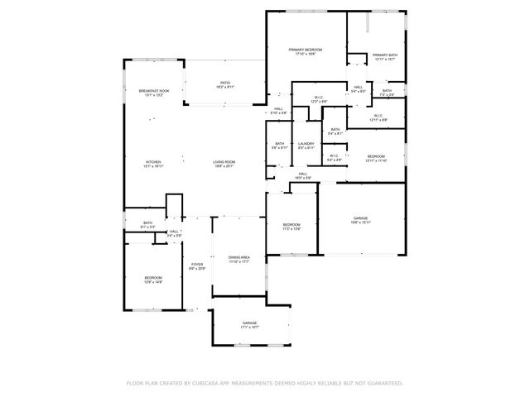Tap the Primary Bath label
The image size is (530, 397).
tap(385, 56)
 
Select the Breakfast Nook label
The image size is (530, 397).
tap(154, 92)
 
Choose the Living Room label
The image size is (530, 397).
tap(224, 163)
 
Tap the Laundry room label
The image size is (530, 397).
tap(306, 146)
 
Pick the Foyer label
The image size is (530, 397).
tap(196, 265)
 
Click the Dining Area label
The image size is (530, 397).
tap(239, 259)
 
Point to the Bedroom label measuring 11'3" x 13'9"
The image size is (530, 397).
tap(291, 226)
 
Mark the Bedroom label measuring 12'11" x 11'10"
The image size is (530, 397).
tap(376, 158)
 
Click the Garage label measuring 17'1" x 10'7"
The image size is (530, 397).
tap(249, 324)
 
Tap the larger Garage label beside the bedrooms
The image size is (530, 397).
tap(360, 219)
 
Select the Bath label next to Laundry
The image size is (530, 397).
tap(280, 146)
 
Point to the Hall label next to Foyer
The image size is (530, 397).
tap(174, 233)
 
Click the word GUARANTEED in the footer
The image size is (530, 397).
tap(383, 383)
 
